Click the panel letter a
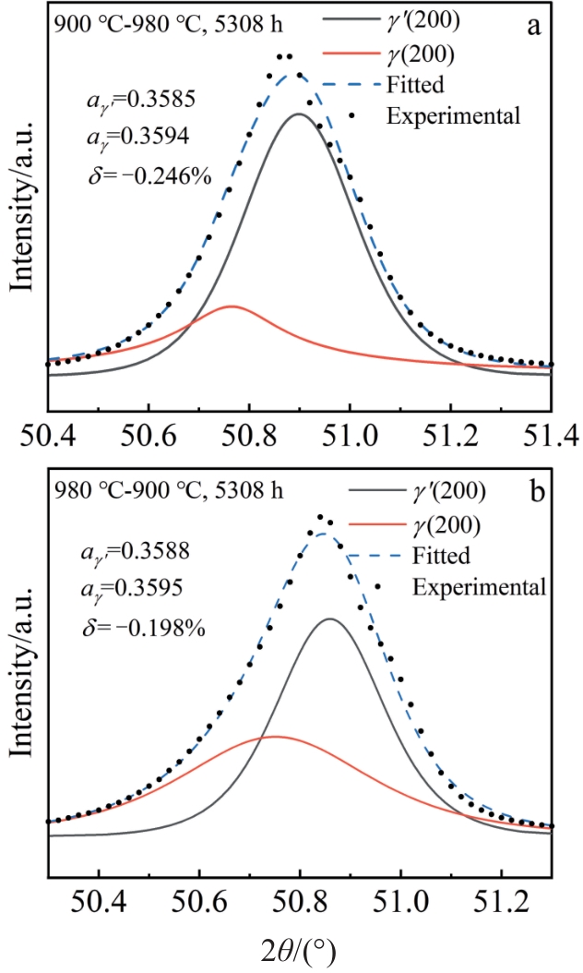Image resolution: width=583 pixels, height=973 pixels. click(533, 26)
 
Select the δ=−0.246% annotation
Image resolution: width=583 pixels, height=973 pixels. click(148, 174)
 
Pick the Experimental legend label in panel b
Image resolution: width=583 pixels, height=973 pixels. click(480, 586)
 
